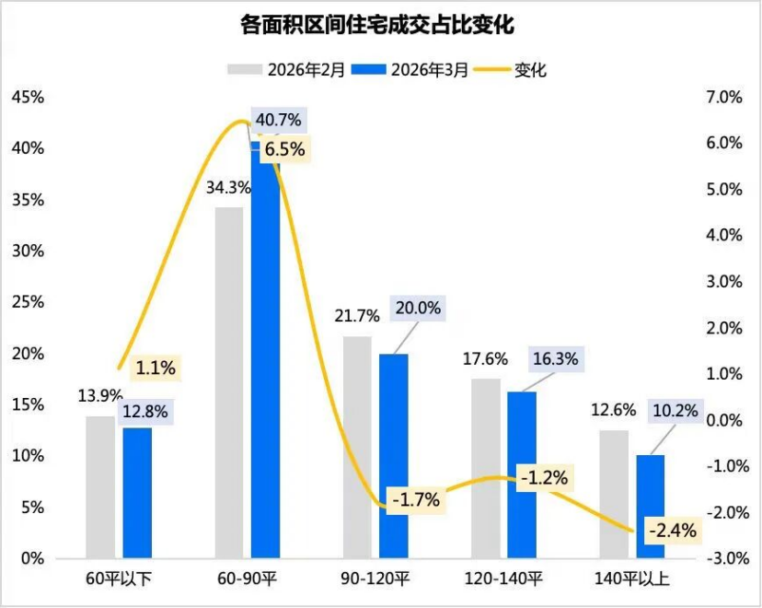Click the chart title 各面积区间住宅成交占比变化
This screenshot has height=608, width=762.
[380, 24]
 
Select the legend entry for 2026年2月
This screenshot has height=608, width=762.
[287, 69]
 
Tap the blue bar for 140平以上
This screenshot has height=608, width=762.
[650, 507]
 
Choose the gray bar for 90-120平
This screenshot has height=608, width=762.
[358, 447]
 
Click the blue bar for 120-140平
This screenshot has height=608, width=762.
[522, 474]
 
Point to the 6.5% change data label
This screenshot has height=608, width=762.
[284, 149]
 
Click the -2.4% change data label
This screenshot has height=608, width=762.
[672, 531]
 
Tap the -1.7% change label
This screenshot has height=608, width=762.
[415, 500]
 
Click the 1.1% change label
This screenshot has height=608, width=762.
[155, 368]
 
